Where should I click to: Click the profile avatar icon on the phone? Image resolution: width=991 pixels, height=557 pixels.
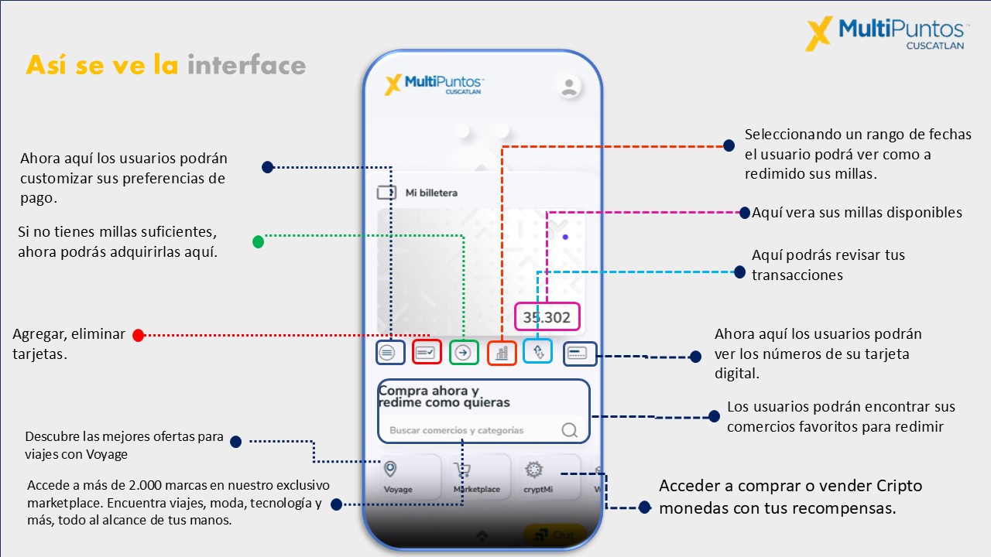570,87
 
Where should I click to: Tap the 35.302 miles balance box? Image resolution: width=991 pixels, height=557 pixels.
547,317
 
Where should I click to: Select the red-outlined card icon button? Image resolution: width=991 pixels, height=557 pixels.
427,353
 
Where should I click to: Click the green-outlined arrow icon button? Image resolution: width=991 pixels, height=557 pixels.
464,353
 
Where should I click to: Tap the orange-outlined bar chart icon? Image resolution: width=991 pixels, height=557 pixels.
502,353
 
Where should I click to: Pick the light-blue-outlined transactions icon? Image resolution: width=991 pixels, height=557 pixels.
538,351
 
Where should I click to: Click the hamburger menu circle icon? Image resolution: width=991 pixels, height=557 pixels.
389,353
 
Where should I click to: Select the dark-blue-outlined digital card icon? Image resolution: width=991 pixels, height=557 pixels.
579,354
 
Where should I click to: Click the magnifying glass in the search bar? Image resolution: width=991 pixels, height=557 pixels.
570,430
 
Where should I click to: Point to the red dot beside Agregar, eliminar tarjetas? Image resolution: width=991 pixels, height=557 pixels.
138,335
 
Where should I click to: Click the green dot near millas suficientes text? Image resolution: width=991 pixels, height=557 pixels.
259,241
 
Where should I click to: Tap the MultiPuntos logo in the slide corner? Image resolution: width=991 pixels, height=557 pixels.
886,33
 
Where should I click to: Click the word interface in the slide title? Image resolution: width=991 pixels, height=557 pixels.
246,65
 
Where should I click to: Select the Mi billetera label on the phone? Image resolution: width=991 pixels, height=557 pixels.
431,193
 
